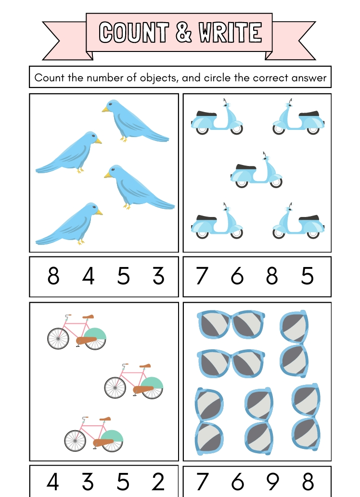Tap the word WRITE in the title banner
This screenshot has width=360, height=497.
click(231, 32)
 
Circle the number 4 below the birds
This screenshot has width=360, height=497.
click(88, 276)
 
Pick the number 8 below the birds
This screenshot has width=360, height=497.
click(53, 276)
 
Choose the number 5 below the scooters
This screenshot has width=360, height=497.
click(307, 276)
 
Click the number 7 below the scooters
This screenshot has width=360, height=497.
click(202, 276)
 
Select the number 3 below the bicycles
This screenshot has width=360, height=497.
click(88, 482)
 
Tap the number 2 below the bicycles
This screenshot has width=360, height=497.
click(157, 482)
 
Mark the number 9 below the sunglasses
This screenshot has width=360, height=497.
click(273, 482)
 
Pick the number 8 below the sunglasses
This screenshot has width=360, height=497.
click(308, 482)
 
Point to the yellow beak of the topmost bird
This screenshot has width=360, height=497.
click(105, 110)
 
